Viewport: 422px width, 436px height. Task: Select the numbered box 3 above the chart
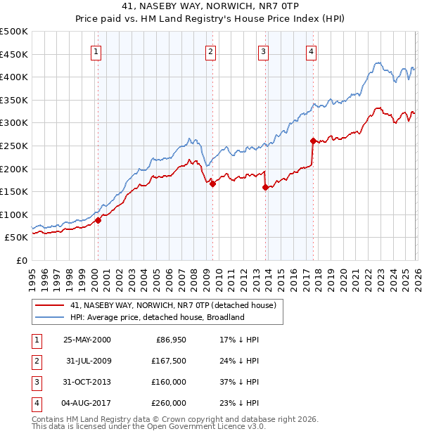pyautogui.click(x=263, y=51)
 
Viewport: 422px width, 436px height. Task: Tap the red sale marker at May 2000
pyautogui.click(x=98, y=220)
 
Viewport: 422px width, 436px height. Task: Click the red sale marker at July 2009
pyautogui.click(x=212, y=184)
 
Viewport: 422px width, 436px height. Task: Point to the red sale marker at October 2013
pyautogui.click(x=265, y=187)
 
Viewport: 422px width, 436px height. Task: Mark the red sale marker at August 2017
pyautogui.click(x=312, y=141)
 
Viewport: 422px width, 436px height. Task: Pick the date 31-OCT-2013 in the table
pyautogui.click(x=87, y=382)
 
